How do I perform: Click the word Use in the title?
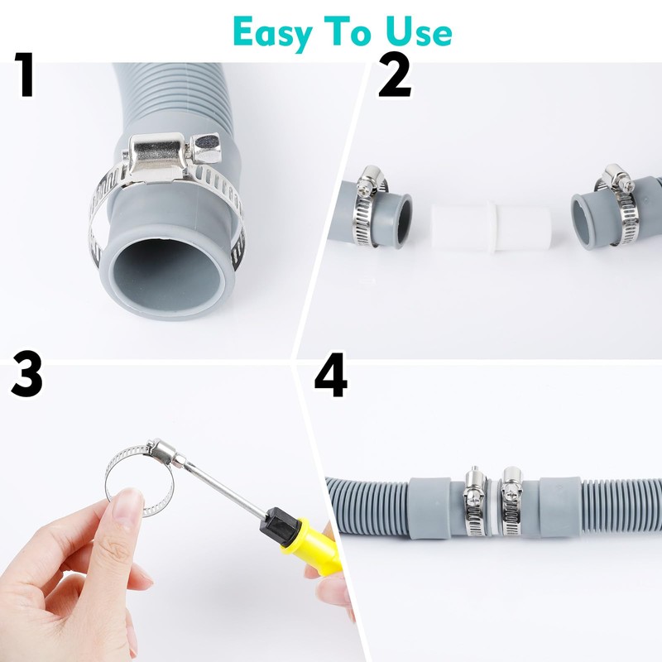(x=418, y=31)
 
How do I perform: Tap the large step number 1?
(x=25, y=74)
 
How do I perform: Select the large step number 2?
(x=395, y=74)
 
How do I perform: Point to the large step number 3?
(x=27, y=374)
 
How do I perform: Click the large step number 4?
(x=330, y=375)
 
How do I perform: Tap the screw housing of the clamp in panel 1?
(x=158, y=157)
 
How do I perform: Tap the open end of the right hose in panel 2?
(x=581, y=221)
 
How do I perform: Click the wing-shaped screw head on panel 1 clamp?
(x=205, y=148)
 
